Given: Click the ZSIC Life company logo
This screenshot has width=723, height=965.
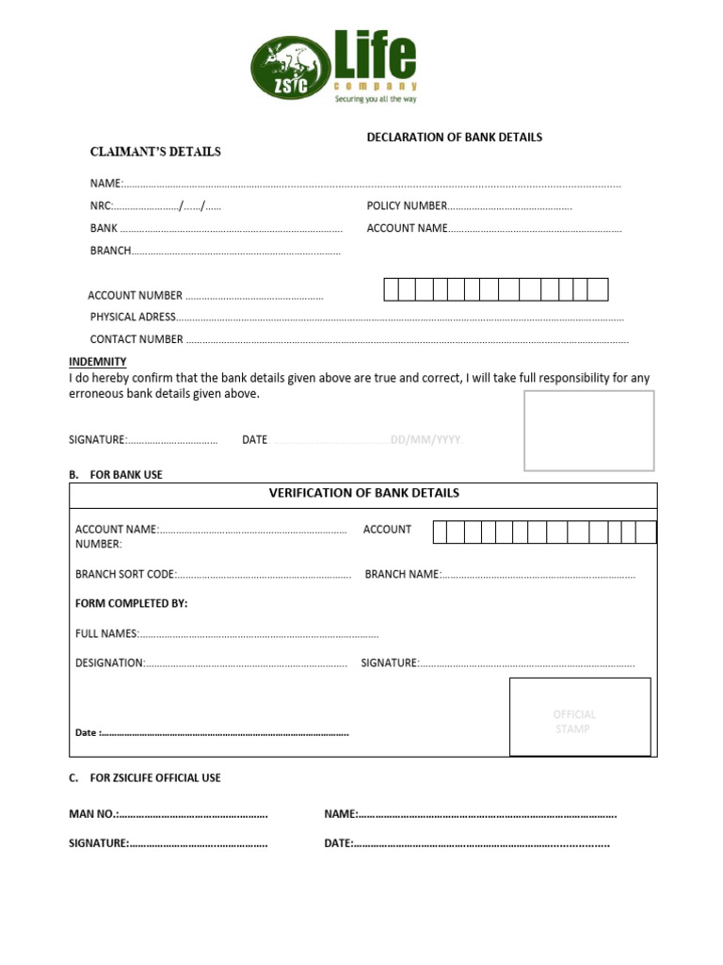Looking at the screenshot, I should point(333,65).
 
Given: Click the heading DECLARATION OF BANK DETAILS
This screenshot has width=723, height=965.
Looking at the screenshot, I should point(454,137).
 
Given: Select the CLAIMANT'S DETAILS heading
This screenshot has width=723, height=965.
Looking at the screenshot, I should point(155,151).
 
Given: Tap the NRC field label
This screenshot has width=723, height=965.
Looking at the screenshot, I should point(101,205).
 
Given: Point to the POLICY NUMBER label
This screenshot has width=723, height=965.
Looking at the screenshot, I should point(407,205).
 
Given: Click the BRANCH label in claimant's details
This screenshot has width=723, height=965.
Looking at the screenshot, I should point(110,251).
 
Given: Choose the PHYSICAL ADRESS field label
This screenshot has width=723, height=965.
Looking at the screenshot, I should point(133,317).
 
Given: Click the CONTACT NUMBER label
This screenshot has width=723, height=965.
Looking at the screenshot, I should point(137,339).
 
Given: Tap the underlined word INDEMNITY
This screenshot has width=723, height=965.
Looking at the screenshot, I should point(97,362).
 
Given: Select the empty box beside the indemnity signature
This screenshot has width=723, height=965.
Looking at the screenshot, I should point(588,430).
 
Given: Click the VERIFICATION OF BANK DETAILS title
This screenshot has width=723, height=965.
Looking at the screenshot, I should point(363,493).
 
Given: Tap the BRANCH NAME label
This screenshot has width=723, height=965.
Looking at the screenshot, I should point(402,574).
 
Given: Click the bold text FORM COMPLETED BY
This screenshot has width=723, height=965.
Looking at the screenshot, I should point(131,603).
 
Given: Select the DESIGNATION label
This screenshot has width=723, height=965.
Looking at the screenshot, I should point(109,662).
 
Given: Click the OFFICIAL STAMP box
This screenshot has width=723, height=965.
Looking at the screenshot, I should point(579,717).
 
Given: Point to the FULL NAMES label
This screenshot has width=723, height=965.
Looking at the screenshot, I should point(106,633).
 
